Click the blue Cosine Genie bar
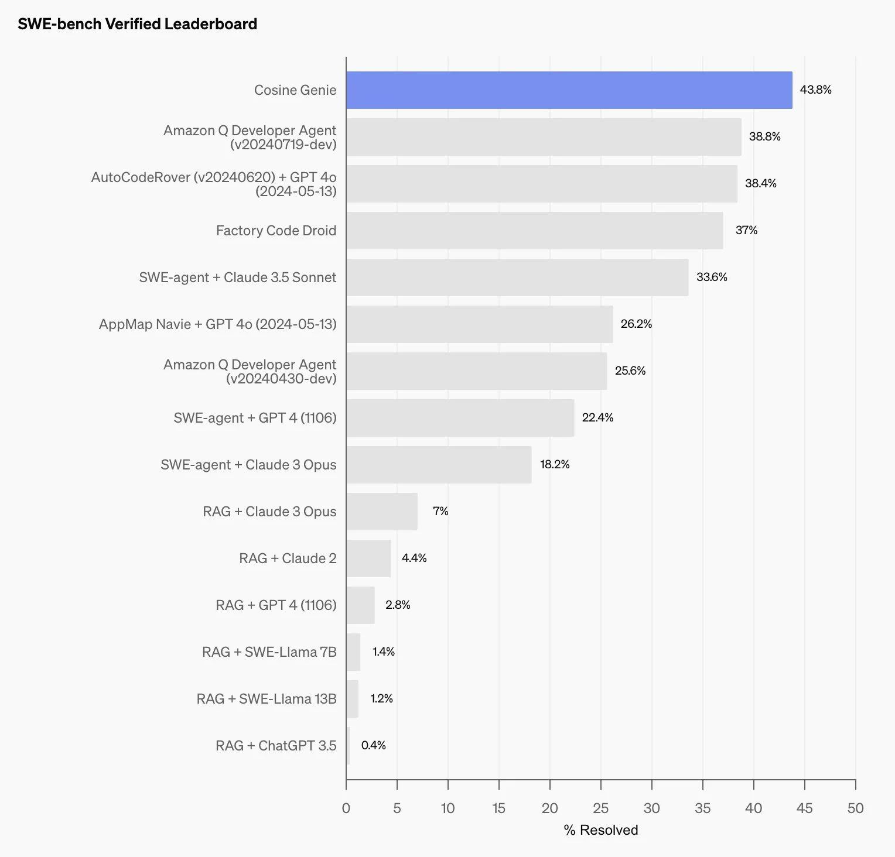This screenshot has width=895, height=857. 569,90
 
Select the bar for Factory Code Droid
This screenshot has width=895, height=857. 534,231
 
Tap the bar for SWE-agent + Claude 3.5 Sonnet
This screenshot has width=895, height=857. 517,277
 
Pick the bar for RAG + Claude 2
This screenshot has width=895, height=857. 368,558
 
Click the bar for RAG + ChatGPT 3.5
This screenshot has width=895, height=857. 348,746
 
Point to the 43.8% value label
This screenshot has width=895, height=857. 815,90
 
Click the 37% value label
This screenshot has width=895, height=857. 746,230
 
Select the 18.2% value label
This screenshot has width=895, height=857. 554,464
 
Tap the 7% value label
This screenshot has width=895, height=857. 440,511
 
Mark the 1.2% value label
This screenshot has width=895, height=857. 381,698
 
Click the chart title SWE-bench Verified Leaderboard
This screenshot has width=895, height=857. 137,24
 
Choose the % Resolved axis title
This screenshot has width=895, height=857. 600,829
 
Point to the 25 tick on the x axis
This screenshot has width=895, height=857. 600,808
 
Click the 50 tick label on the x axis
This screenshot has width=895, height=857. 855,808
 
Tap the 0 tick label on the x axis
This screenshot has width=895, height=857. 346,808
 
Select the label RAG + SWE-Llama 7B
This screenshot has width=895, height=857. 269,652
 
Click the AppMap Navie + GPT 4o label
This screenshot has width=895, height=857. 217,324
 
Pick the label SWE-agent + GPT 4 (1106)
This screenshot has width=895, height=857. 255,418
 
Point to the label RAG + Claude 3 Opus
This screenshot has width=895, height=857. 269,512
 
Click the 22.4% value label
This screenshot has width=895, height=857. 597,417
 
